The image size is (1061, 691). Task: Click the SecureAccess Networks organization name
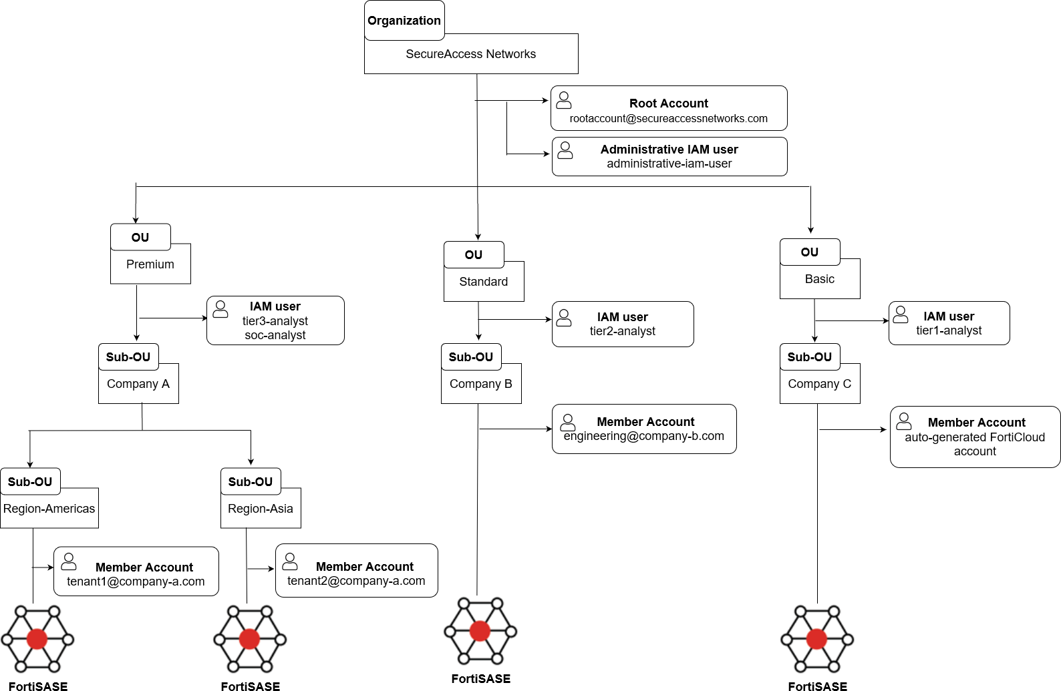tap(470, 54)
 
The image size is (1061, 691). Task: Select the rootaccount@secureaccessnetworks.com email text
tap(668, 119)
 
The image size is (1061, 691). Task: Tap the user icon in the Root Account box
tap(564, 101)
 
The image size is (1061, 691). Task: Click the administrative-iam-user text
tap(669, 164)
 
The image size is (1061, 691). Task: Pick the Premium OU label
tap(150, 264)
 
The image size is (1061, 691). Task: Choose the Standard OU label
tap(483, 282)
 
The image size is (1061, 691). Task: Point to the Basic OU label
tap(819, 279)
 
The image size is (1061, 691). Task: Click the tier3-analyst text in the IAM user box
tap(275, 321)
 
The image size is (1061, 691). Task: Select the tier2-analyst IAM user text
tap(622, 331)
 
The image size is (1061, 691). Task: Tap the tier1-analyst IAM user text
tap(949, 330)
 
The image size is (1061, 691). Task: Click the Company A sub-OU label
tap(138, 384)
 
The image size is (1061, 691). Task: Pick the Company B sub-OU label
tap(480, 384)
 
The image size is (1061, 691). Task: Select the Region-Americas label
tap(49, 509)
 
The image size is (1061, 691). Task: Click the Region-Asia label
tap(260, 509)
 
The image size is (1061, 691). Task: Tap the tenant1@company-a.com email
tap(136, 582)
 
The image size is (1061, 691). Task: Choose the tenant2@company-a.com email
tap(356, 581)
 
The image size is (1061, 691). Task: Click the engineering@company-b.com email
tap(643, 436)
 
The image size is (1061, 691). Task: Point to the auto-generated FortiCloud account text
tap(974, 444)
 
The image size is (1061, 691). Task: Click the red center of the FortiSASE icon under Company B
tap(480, 630)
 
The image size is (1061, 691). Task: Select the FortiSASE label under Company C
tap(817, 686)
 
